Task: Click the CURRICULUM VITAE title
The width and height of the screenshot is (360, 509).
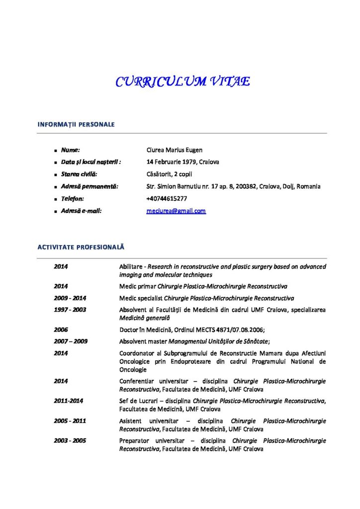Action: (x=182, y=82)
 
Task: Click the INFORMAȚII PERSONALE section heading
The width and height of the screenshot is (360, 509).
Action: (x=76, y=124)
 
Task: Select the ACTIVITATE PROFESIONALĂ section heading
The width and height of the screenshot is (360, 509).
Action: (x=81, y=247)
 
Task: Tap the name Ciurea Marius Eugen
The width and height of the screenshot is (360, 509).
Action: (x=175, y=150)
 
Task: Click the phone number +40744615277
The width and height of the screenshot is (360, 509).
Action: (x=167, y=198)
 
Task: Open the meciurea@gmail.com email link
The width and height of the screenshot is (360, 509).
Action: (x=176, y=211)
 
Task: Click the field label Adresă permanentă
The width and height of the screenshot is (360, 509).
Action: (x=90, y=186)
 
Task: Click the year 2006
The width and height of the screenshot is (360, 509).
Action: (x=61, y=329)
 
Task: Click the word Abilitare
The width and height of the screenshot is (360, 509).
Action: (x=131, y=266)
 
